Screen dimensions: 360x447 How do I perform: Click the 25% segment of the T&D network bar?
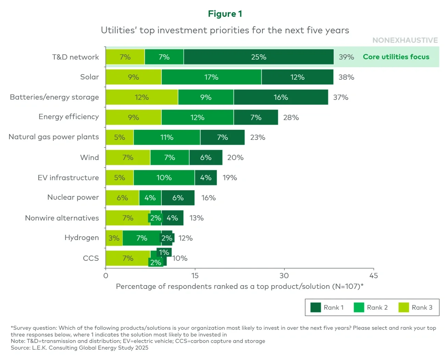(259, 57)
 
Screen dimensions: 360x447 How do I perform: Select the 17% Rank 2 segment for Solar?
(211, 77)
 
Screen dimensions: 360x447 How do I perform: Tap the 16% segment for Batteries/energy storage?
(281, 97)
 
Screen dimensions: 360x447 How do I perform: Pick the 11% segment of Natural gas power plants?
(167, 137)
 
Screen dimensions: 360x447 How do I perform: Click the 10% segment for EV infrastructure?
(164, 178)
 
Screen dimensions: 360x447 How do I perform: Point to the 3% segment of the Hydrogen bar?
(114, 238)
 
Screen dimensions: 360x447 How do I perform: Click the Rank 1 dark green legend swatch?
(315, 307)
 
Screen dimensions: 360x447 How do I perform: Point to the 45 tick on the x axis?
(373, 275)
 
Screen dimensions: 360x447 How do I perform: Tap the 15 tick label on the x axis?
(195, 275)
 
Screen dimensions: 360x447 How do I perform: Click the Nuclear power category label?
(73, 197)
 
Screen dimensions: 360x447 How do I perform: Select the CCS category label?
(91, 258)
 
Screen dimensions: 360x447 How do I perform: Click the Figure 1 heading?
(225, 14)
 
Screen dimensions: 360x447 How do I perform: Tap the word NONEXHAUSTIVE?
(405, 40)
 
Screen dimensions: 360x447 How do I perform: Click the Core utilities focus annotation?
(396, 57)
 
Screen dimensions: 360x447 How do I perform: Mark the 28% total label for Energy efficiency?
(291, 117)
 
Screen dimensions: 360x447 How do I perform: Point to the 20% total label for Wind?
(235, 158)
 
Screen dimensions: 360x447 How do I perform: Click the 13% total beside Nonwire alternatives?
(196, 218)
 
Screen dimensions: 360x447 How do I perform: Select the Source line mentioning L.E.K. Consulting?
(79, 348)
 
